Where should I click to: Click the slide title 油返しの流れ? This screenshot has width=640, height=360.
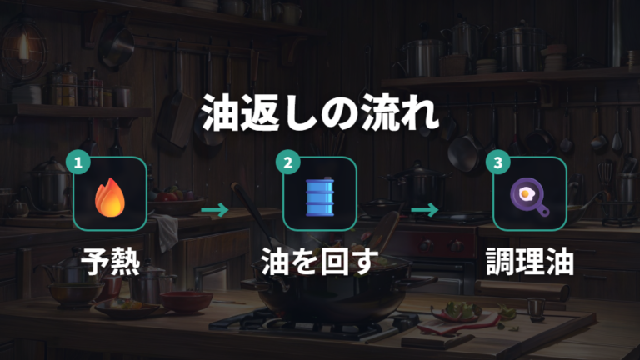coord(320,112)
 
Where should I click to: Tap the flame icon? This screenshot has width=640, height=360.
coord(110,197)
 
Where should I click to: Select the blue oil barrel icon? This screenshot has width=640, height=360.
coord(320,197)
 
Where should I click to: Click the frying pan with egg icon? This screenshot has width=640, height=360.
coord(529,196)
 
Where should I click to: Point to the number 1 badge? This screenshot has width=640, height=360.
coord(78,162)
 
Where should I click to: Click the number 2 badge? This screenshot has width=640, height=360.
coord(288,162)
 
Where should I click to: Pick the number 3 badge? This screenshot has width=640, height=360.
coord(498,162)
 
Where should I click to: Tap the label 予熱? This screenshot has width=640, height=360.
coord(110,262)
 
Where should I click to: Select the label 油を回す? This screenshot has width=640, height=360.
coord(320,262)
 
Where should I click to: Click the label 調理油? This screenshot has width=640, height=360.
coord(530,262)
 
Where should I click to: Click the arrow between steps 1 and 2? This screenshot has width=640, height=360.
coord(215,210)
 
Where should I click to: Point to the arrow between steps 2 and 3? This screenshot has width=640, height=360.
coord(424,210)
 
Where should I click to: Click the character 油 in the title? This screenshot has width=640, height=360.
coord(220,113)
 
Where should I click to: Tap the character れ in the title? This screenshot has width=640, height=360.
coord(420,113)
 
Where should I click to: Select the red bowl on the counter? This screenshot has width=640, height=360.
coord(186,302)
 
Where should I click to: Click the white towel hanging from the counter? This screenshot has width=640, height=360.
coord(167,232)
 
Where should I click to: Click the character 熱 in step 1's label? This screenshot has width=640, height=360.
coord(125,262)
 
